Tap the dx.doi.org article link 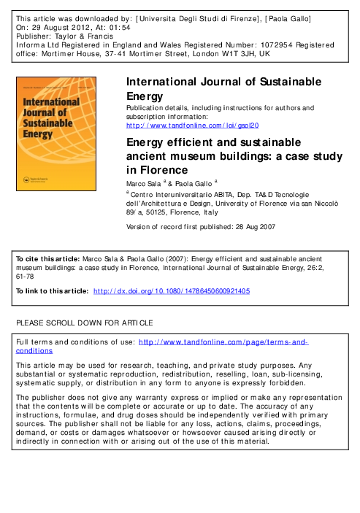coord(172,290)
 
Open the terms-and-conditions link coord(223,342)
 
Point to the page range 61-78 coord(26,277)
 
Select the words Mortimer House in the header coord(68,54)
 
